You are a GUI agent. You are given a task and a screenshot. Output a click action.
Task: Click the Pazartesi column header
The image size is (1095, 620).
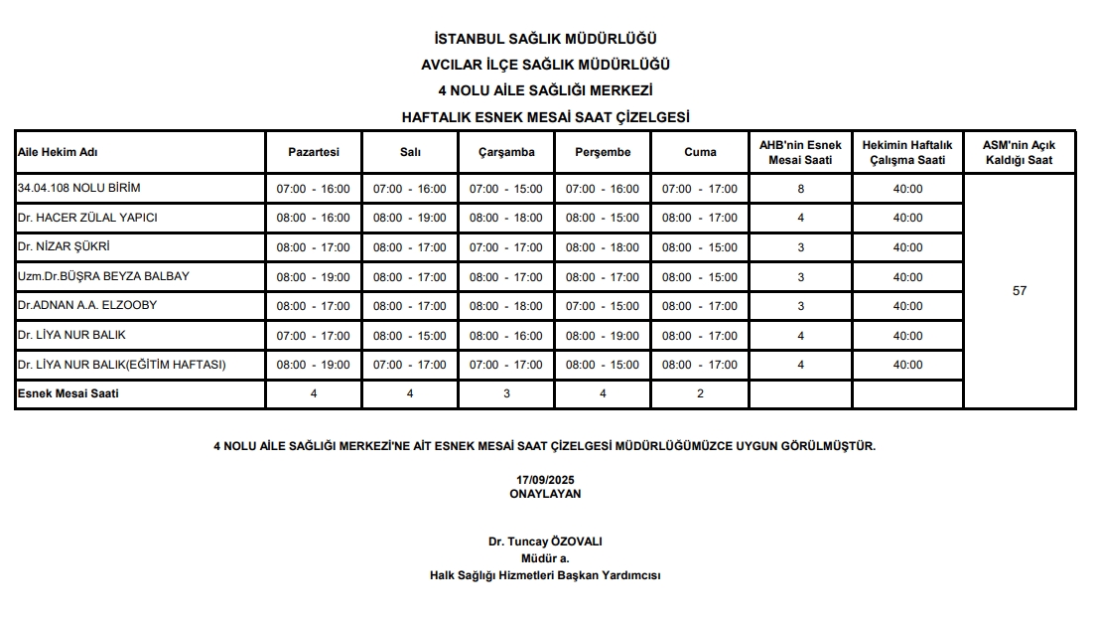click(x=314, y=152)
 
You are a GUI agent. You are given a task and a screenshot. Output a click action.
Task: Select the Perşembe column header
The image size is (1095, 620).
click(x=603, y=152)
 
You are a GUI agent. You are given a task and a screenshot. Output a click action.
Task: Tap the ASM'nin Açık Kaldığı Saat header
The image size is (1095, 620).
click(x=1019, y=152)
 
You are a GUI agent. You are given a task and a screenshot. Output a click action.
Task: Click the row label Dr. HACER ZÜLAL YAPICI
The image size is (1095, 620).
click(x=88, y=218)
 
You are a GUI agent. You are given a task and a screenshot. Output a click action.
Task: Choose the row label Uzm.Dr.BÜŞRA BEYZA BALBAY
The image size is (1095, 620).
click(x=103, y=276)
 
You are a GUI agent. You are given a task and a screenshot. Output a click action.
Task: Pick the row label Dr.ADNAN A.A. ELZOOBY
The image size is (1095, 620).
click(x=87, y=305)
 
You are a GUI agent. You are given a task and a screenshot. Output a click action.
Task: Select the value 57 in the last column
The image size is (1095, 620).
click(x=1019, y=291)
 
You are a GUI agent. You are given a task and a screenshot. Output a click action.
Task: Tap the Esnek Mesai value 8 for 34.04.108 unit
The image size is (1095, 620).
click(x=800, y=189)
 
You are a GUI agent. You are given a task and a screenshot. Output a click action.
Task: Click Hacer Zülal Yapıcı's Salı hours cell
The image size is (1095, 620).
click(x=410, y=218)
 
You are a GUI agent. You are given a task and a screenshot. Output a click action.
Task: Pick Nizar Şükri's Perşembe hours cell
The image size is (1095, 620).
click(x=603, y=247)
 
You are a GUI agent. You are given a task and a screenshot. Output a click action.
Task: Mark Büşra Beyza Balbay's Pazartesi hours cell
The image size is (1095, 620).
click(x=314, y=277)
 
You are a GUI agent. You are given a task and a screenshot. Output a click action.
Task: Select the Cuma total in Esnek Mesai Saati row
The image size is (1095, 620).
click(x=700, y=394)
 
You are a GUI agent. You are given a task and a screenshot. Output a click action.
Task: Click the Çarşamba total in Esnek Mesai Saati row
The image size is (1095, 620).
click(x=506, y=394)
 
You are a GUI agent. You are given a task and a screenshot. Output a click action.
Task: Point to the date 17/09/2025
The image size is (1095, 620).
click(x=545, y=480)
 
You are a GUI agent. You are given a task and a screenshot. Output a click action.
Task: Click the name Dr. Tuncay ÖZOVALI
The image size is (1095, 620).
click(x=545, y=542)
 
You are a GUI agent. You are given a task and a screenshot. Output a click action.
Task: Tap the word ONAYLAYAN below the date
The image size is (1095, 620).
click(x=545, y=494)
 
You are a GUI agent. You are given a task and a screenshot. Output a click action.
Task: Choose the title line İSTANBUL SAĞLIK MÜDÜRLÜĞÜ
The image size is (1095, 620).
click(x=545, y=40)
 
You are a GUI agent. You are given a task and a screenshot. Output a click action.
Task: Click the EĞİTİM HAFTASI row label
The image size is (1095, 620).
click(x=122, y=365)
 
